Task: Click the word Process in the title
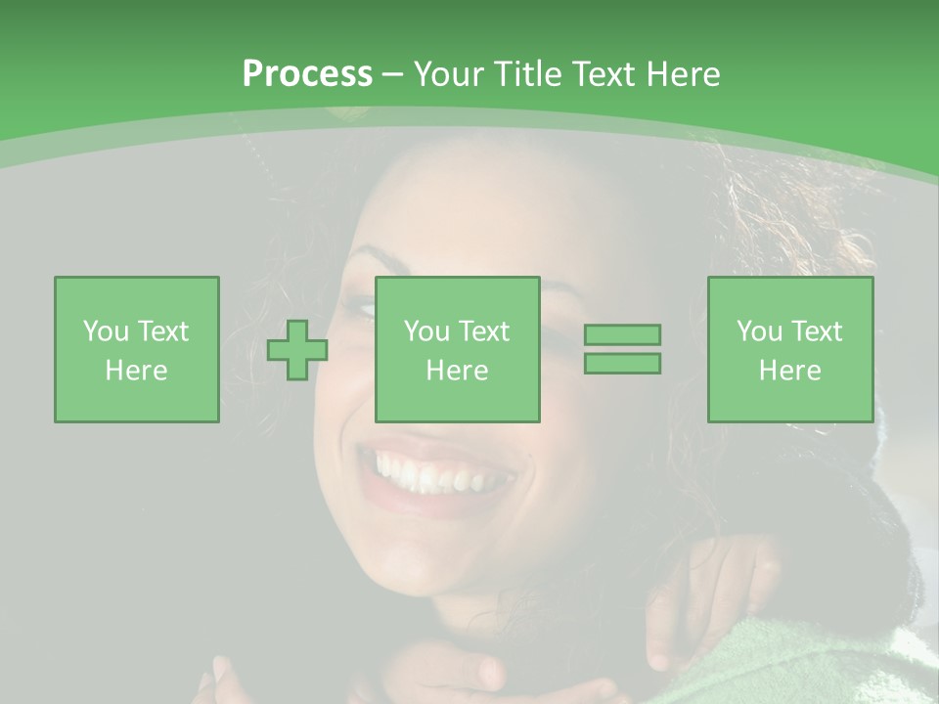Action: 307,74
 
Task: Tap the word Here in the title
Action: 682,74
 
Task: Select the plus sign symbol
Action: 297,350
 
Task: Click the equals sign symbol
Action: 622,349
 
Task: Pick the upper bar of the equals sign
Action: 622,334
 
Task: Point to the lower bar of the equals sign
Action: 622,364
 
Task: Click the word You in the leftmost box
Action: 106,331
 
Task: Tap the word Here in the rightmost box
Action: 790,371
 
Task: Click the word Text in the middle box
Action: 483,331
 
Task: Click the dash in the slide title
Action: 393,74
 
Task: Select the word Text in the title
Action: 604,74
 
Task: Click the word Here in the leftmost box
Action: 137,371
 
